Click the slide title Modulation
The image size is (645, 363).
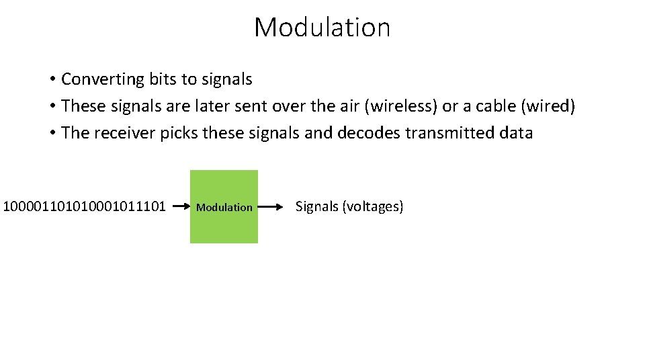point(322,28)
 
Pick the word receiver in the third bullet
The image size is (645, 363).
point(124,133)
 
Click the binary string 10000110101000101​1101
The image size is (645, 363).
point(85,206)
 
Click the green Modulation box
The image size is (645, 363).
point(224,206)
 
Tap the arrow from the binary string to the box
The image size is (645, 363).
point(180,207)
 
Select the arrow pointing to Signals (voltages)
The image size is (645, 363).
point(271,207)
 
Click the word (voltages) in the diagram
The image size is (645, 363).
point(373,206)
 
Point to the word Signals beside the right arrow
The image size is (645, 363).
point(317,206)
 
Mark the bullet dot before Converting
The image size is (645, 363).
point(52,80)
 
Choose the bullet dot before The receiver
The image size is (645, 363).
point(52,134)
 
